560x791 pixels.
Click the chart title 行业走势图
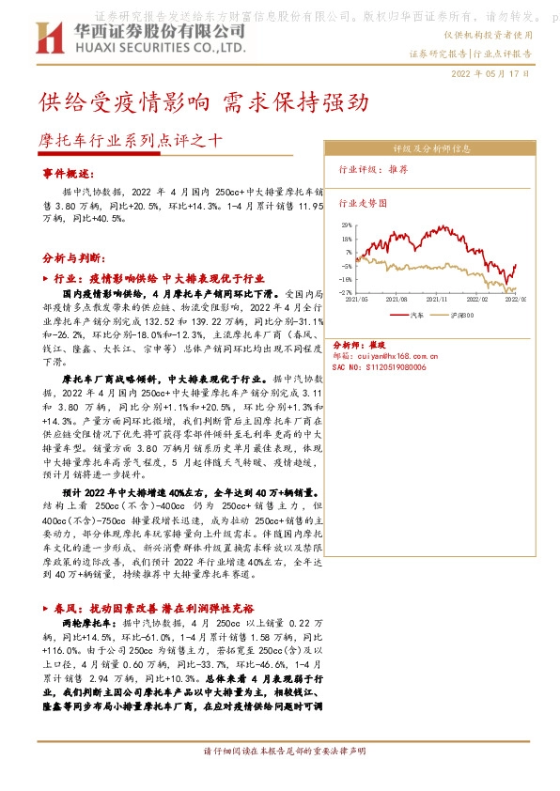[x=363, y=202]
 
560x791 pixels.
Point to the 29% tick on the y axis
[x=347, y=225]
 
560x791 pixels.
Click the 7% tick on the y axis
[x=348, y=252]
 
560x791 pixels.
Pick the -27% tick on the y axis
[x=346, y=292]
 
